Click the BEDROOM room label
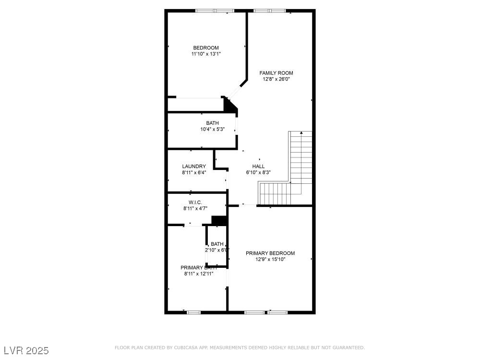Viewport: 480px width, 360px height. coord(206,48)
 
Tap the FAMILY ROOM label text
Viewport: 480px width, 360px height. coord(276,73)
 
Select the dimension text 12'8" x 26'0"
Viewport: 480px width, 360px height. coord(276,79)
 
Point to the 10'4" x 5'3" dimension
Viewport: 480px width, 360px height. coord(212,129)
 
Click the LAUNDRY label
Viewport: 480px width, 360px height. coord(194,167)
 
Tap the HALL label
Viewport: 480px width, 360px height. coord(258,166)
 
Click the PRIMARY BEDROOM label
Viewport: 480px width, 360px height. coord(270,253)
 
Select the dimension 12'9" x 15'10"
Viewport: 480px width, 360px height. coord(270,259)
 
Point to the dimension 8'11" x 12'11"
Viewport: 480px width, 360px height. coord(198,274)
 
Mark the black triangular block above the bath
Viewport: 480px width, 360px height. coord(231,106)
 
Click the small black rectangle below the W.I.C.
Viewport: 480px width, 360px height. coord(219,220)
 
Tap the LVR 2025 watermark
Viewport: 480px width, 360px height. coord(25,351)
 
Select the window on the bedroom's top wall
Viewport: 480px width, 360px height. coord(215,11)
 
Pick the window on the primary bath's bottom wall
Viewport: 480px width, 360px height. coord(193,312)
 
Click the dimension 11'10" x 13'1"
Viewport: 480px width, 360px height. coord(206,54)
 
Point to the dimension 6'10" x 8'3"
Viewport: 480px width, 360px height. coord(258,172)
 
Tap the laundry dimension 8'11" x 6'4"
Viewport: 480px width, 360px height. coord(194,173)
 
